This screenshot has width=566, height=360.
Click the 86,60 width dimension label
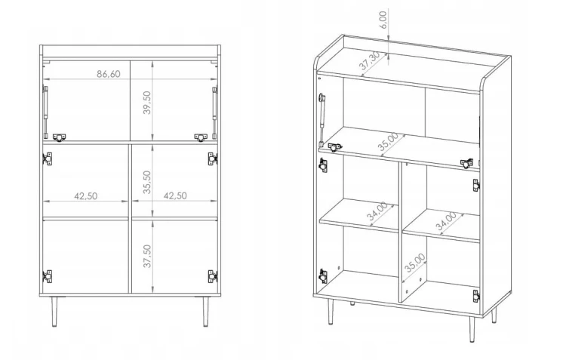pos(108,74)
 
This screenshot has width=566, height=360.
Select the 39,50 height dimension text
pos(147,103)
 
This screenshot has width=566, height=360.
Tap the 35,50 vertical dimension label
pos(147,182)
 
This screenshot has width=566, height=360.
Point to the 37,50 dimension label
pos(147,256)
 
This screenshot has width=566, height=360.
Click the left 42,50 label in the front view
pos(86,196)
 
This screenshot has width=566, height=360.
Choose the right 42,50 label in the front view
pos(175,195)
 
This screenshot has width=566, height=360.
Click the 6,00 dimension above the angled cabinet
pos(383,20)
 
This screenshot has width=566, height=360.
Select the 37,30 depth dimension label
pos(369,60)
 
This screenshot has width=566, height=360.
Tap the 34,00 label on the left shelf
pos(377,211)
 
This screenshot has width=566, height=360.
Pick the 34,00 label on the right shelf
pos(446,221)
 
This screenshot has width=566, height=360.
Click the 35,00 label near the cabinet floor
pos(415,263)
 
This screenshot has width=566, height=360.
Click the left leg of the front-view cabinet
pos(54,312)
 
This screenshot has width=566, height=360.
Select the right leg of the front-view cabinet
pos(205,312)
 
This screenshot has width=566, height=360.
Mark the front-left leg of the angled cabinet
pos(330,312)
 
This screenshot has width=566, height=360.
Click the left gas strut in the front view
pos(45,112)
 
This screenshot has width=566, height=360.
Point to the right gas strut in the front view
pos(215,112)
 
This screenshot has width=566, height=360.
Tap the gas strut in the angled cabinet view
pos(321,119)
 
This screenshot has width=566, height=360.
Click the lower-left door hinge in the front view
pos(48,276)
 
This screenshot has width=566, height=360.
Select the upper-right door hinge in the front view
pos(213,158)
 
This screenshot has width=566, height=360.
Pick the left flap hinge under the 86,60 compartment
pos(60,137)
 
